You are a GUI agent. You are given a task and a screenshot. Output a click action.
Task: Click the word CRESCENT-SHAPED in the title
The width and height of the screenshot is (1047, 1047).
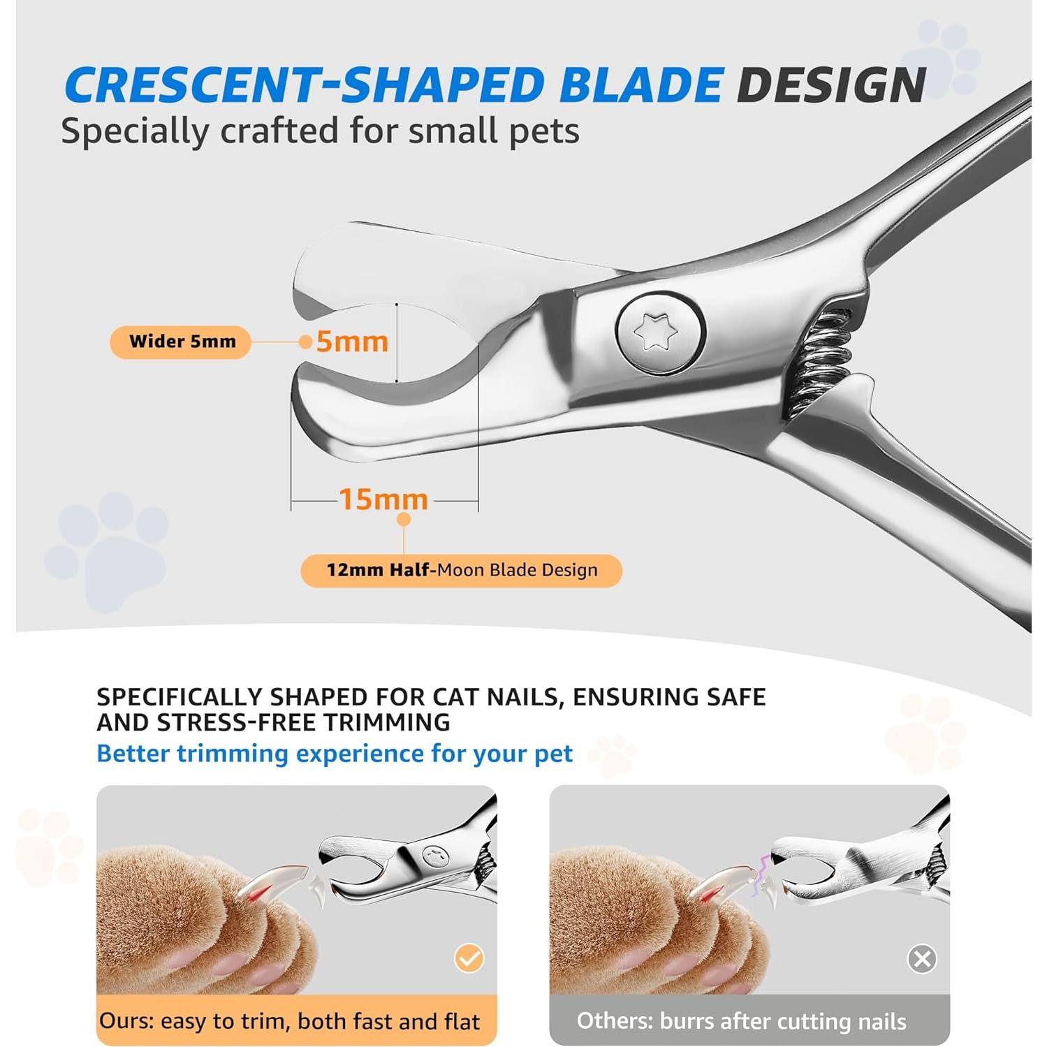click(303, 85)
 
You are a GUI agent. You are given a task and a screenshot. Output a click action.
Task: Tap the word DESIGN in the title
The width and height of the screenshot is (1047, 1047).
click(831, 85)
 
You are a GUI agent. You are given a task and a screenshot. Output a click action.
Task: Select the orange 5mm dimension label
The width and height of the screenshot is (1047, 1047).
click(352, 342)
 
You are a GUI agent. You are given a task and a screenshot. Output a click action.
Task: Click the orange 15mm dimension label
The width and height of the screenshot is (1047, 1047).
click(383, 499)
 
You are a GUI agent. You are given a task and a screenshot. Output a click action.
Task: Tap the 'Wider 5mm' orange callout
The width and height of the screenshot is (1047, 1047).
click(180, 342)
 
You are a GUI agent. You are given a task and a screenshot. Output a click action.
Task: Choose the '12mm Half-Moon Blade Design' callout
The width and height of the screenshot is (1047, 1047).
click(461, 570)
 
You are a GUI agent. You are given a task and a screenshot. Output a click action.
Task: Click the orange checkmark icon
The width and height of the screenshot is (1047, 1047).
click(469, 958)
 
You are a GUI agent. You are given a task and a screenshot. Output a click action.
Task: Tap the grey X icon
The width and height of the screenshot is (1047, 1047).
click(922, 959)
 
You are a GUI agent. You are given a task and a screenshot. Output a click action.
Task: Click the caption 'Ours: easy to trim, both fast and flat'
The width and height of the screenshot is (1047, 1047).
click(289, 1021)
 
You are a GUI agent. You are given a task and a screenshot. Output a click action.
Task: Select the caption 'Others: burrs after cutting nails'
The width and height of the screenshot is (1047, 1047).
click(741, 1021)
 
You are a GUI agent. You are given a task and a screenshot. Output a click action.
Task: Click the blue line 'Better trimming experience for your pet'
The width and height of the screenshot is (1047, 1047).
click(335, 754)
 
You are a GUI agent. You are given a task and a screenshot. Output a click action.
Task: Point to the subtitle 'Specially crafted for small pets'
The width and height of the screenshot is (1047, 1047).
click(320, 131)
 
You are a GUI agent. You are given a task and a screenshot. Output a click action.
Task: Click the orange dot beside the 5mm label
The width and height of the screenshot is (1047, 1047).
click(305, 342)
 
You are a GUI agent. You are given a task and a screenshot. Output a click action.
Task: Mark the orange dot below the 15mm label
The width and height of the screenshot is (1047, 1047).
click(404, 520)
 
